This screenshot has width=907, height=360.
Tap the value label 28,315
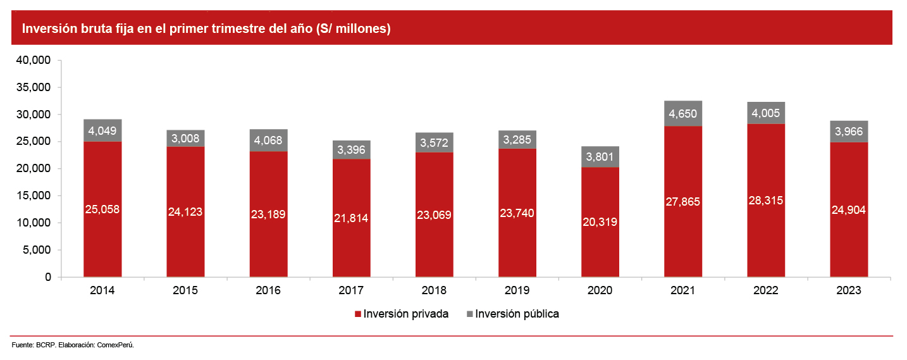click(765, 201)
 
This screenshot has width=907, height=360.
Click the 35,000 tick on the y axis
click(35, 87)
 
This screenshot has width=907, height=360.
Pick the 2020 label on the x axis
click(600, 291)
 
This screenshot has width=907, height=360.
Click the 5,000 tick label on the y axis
click(39, 250)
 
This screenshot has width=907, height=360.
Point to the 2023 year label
click(848, 291)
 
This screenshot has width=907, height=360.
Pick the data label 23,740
click(517, 213)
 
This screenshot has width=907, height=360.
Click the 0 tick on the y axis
click(47, 277)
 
